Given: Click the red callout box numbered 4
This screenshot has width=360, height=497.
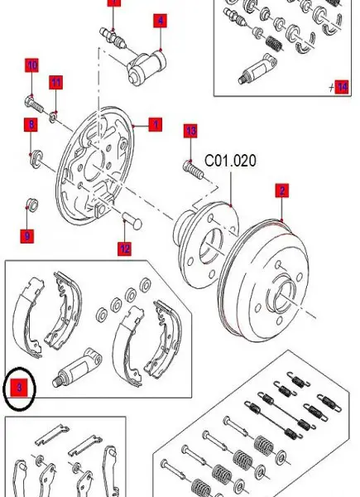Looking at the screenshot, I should (159, 20).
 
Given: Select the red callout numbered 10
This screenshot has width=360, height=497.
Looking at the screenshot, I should (31, 64).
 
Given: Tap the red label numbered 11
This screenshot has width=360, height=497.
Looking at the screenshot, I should (55, 81).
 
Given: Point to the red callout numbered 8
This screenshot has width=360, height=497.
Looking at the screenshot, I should (31, 125).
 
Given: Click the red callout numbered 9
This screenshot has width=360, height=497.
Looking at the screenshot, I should (27, 236).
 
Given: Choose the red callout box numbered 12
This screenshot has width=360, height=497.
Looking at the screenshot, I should (124, 247).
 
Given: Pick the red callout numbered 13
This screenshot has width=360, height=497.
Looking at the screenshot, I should (190, 131).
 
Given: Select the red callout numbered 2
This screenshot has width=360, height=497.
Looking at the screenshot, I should (281, 191).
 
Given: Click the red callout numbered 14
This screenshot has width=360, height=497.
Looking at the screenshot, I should (342, 85).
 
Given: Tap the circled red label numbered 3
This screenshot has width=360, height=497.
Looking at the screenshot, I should (20, 385).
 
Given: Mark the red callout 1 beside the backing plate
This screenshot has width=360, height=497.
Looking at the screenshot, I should (155, 125).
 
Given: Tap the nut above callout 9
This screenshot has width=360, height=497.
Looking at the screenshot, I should (31, 202).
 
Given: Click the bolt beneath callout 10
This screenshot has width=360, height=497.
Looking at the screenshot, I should (32, 104).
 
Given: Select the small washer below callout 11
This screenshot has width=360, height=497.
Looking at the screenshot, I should (53, 113).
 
